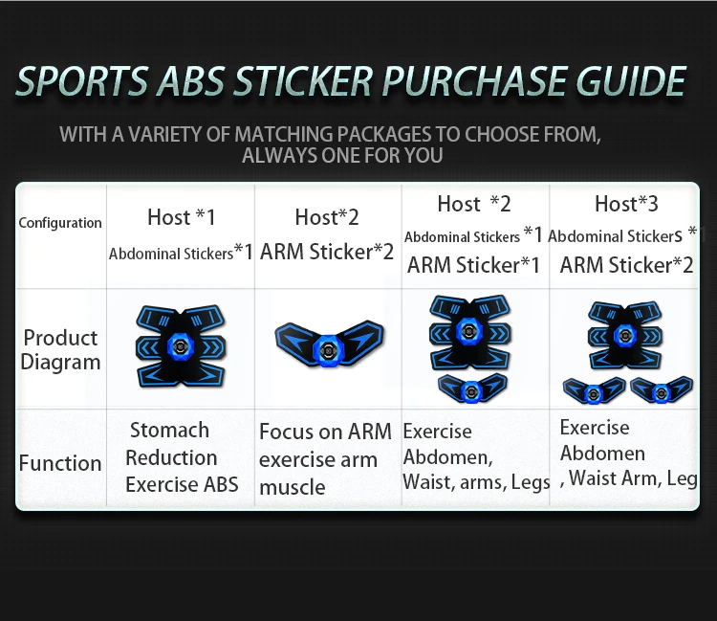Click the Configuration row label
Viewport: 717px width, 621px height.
pos(60,223)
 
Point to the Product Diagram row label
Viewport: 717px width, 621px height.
pos(60,350)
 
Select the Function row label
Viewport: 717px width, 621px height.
pos(60,463)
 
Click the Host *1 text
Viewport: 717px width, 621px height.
pos(181,217)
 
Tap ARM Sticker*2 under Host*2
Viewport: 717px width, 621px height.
pos(327,252)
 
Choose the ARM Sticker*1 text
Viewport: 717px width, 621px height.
pos(473,265)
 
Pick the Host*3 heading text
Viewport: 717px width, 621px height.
pos(626,204)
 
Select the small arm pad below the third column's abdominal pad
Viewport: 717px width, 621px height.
pos(473,388)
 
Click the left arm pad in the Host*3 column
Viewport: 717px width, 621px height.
pos(594,390)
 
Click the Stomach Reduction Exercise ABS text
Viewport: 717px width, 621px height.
pos(181,457)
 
